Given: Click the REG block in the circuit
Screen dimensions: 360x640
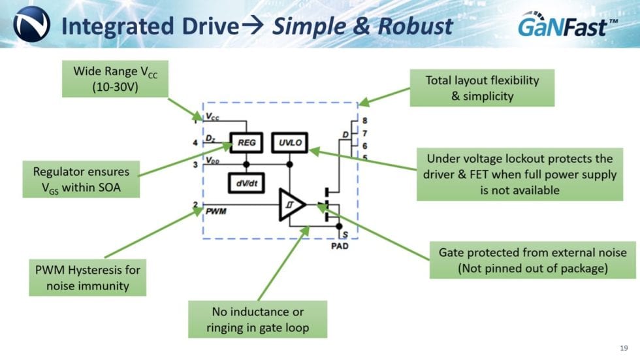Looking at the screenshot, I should pos(246,142).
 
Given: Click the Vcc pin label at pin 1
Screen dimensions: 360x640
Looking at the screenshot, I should pos(212,117).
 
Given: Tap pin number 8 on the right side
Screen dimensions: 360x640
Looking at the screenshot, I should pos(364,121).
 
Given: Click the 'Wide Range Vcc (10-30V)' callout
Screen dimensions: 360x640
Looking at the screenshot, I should pos(115,80).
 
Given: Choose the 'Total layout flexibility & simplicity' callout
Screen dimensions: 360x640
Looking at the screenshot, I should pos(482,88).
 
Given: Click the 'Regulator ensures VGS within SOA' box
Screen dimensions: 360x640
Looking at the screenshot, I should pos(81,180).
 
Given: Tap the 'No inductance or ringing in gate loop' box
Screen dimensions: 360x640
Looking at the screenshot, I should pos(257,319).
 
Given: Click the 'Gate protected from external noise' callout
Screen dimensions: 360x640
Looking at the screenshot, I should pos(532,260).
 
